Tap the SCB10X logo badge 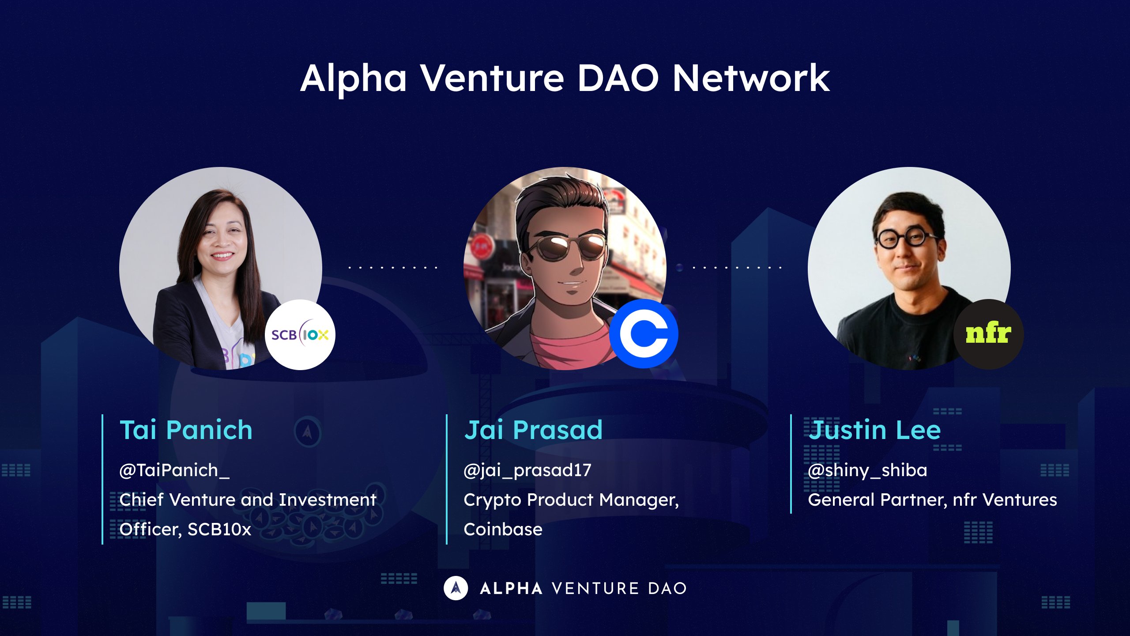pyautogui.click(x=300, y=335)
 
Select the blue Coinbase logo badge pyautogui.click(x=644, y=334)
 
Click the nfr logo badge pyautogui.click(x=988, y=334)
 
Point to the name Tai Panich pyautogui.click(x=186, y=430)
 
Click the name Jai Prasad pyautogui.click(x=533, y=430)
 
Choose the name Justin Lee pyautogui.click(x=874, y=430)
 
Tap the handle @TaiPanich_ pyautogui.click(x=174, y=470)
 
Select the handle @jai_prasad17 pyautogui.click(x=527, y=470)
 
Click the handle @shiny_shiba pyautogui.click(x=867, y=470)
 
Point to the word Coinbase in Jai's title pyautogui.click(x=503, y=529)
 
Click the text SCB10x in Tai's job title pyautogui.click(x=219, y=529)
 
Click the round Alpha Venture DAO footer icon pyautogui.click(x=456, y=588)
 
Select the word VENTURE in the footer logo pyautogui.click(x=595, y=588)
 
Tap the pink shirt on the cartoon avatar pyautogui.click(x=569, y=349)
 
